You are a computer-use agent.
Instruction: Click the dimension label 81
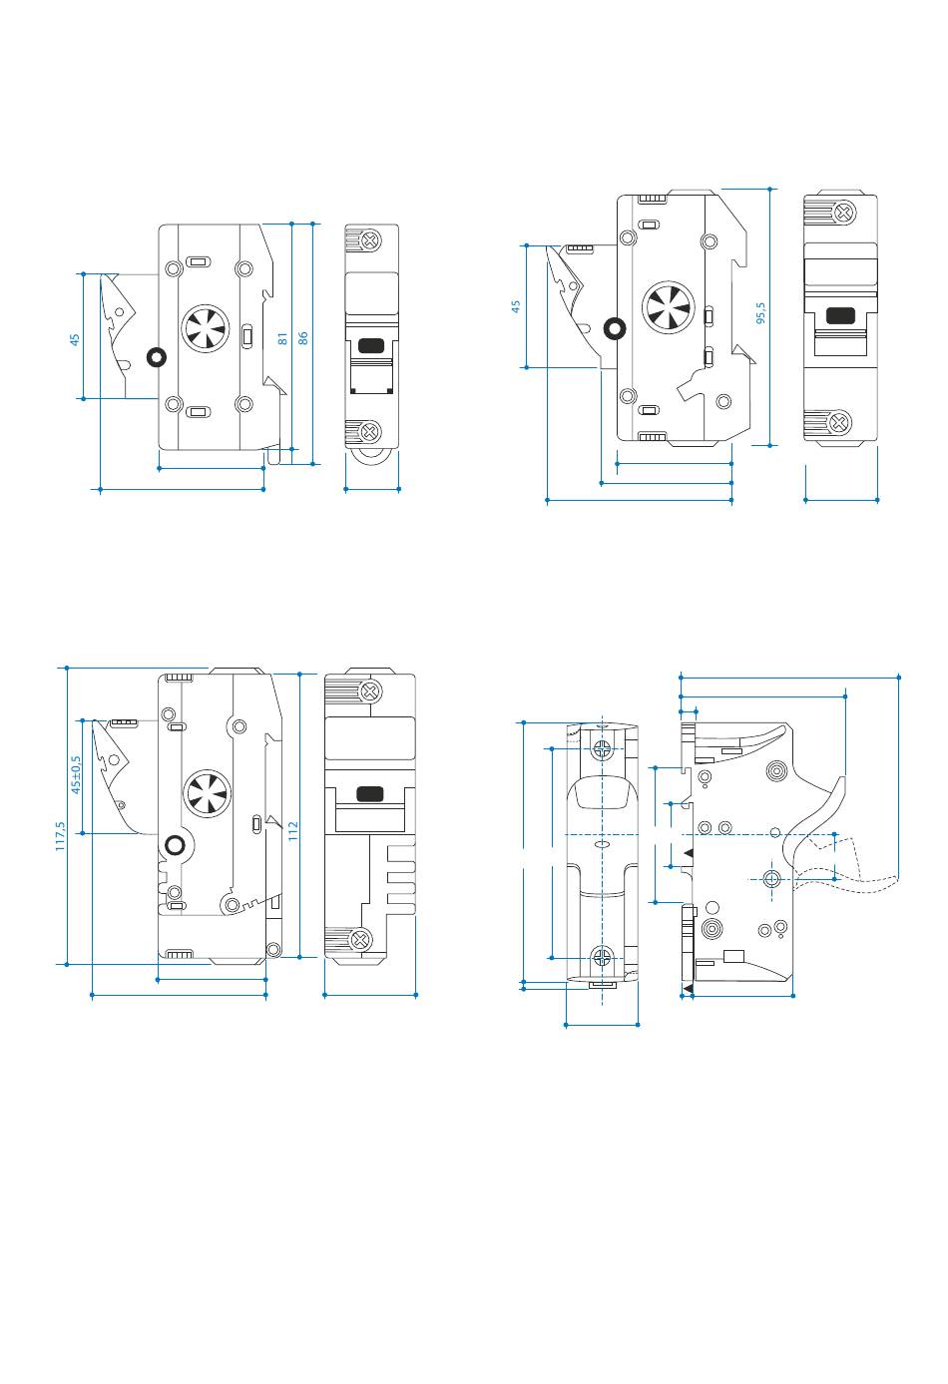pyautogui.click(x=282, y=338)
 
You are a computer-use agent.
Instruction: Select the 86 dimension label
pyautogui.click(x=302, y=338)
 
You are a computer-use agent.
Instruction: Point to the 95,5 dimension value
pyautogui.click(x=760, y=312)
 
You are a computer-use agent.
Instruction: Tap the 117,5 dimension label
pyautogui.click(x=60, y=836)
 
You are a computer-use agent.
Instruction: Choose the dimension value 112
pyautogui.click(x=293, y=831)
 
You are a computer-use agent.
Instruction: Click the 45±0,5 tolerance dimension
pyautogui.click(x=76, y=774)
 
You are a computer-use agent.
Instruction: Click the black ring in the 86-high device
pyautogui.click(x=156, y=357)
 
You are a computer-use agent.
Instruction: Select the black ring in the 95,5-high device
pyautogui.click(x=615, y=328)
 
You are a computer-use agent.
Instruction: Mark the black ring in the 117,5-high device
pyautogui.click(x=176, y=845)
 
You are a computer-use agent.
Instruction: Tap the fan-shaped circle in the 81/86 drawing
pyautogui.click(x=206, y=328)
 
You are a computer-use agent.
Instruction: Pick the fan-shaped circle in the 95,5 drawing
pyautogui.click(x=668, y=307)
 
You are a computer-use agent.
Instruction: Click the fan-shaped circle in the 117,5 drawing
pyautogui.click(x=208, y=793)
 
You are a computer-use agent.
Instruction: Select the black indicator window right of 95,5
pyautogui.click(x=840, y=315)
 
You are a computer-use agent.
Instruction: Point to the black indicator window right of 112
pyautogui.click(x=369, y=793)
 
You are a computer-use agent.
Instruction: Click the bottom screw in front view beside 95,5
pyautogui.click(x=840, y=423)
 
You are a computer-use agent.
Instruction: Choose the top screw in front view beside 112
pyautogui.click(x=370, y=692)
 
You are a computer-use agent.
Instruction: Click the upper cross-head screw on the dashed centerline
pyautogui.click(x=602, y=750)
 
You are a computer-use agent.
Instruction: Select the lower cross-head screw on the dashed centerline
pyautogui.click(x=602, y=957)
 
